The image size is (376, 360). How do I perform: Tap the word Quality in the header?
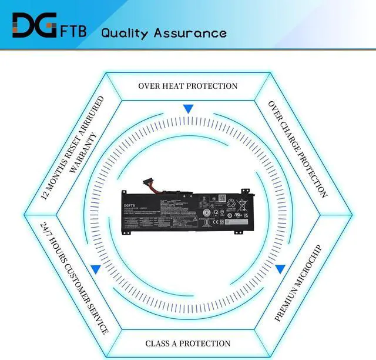click(x=125, y=32)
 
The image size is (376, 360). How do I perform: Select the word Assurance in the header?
click(x=190, y=32)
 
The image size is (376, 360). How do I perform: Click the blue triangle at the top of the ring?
click(x=188, y=109)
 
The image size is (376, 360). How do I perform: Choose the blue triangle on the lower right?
click(x=280, y=269)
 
